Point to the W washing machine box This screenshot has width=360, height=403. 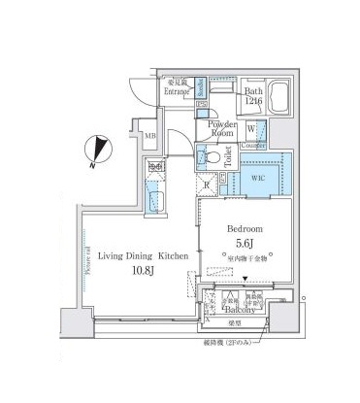(x=251, y=127)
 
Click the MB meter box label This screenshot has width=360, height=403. (x=150, y=134)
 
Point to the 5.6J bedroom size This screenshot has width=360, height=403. (x=246, y=243)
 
